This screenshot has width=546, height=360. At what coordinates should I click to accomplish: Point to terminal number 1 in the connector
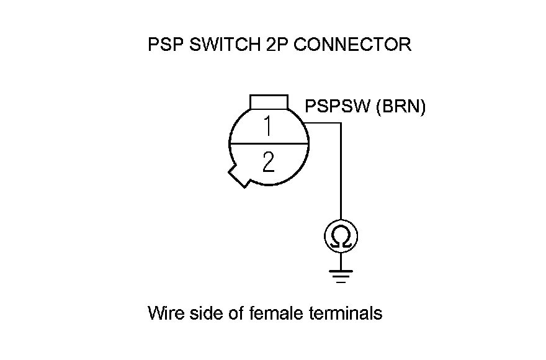pyautogui.click(x=268, y=127)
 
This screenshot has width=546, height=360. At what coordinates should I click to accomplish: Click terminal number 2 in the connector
pyautogui.click(x=268, y=163)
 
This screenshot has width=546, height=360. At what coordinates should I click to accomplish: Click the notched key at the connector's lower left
pyautogui.click(x=239, y=176)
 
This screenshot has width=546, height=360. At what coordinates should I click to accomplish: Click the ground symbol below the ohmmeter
pyautogui.click(x=339, y=275)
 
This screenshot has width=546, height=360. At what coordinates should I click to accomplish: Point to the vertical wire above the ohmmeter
pyautogui.click(x=340, y=174)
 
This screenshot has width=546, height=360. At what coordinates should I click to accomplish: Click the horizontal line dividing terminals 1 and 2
pyautogui.click(x=269, y=144)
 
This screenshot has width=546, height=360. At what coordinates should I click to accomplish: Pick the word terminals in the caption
pyautogui.click(x=345, y=313)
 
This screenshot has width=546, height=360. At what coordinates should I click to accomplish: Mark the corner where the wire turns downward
pyautogui.click(x=340, y=123)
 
